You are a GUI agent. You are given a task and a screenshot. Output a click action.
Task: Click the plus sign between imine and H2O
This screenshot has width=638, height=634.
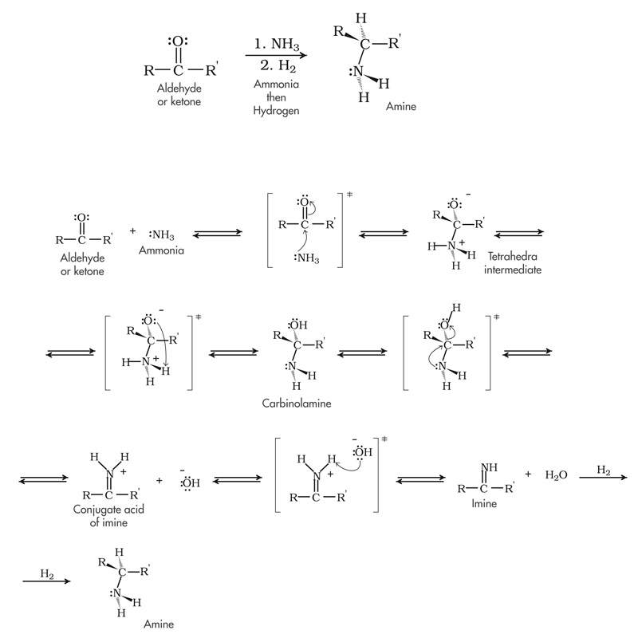pyautogui.click(x=527, y=473)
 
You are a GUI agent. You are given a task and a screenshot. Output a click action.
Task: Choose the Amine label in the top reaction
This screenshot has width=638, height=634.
pyautogui.click(x=400, y=104)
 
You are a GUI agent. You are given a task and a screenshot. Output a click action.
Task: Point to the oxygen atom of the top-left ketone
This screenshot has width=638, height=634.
pyautogui.click(x=179, y=41)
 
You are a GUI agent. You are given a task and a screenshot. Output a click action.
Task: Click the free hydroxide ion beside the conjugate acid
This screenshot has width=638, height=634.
pyautogui.click(x=190, y=482)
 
